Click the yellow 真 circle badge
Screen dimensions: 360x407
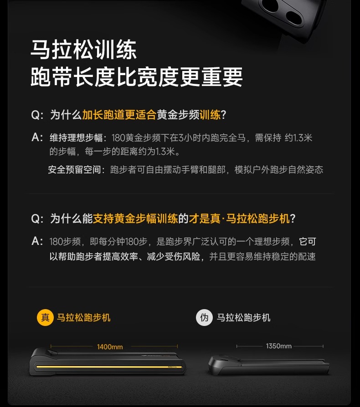click(45, 317)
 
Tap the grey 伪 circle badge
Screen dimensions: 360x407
click(204, 317)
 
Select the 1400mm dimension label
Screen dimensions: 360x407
click(110, 347)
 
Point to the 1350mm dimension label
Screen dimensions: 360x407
click(279, 346)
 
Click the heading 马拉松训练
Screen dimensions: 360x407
click(84, 50)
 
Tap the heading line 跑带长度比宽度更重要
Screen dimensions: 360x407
click(137, 77)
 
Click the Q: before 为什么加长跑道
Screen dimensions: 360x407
click(37, 115)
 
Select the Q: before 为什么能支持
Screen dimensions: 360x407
click(37, 219)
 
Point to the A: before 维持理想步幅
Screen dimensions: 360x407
click(37, 137)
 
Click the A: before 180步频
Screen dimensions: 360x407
click(37, 241)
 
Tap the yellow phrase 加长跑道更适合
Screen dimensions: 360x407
click(119, 115)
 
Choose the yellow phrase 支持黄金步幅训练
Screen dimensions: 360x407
click(135, 219)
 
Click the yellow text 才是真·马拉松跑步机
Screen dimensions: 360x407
click(239, 219)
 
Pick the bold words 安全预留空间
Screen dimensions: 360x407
click(75, 169)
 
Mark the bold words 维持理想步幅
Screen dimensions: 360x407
click(76, 137)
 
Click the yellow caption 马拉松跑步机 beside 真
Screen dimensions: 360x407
click(84, 317)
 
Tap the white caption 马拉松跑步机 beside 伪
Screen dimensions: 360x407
click(243, 317)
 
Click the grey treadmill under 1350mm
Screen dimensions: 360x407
click(269, 365)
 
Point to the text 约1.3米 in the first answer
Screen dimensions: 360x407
click(298, 137)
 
